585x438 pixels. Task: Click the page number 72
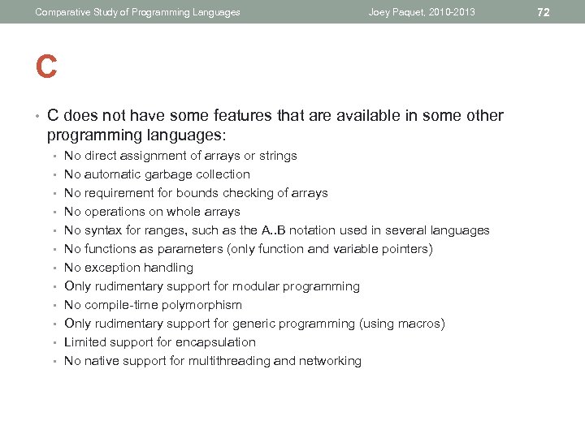pos(544,12)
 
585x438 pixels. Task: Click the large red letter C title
pos(46,67)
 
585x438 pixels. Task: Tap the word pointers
pos(404,249)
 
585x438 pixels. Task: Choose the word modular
pos(255,286)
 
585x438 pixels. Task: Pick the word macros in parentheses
pos(418,324)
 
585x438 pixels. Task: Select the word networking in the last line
pos(331,361)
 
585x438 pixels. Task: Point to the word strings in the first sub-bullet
pos(278,156)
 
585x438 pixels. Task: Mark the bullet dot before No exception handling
pos(53,268)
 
